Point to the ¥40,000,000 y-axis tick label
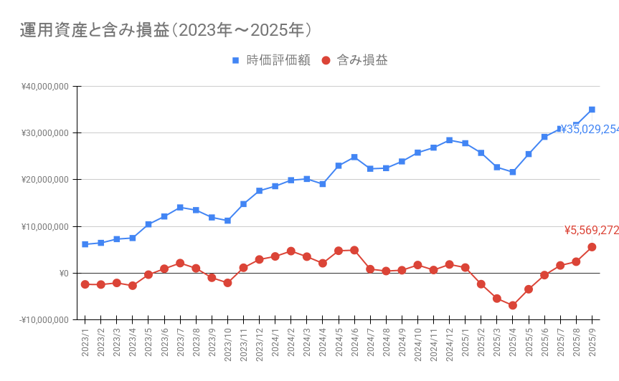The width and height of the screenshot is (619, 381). [44, 87]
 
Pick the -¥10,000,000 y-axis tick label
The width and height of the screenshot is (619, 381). [43, 320]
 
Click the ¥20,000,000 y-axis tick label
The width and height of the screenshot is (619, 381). [44, 180]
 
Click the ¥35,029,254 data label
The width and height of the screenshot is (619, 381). [590, 130]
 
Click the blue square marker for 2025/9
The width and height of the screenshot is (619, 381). [592, 110]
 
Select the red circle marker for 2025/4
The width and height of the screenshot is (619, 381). [513, 305]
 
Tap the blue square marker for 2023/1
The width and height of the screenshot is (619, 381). [85, 244]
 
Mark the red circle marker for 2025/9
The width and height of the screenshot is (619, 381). [592, 247]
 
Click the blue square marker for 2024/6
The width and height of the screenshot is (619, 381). [354, 157]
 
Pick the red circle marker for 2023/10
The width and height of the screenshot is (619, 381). [227, 283]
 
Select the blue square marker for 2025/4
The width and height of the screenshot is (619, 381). [513, 172]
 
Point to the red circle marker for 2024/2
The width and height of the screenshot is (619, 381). [291, 251]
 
